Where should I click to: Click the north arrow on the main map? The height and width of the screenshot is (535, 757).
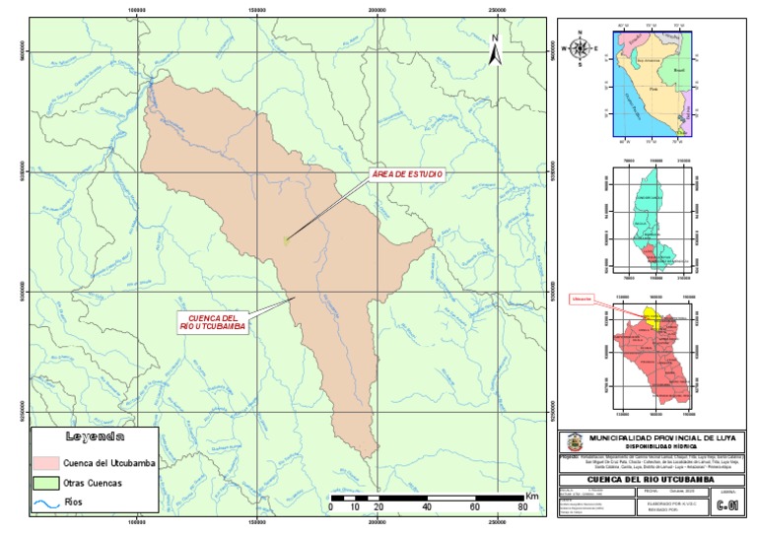pyautogui.click(x=497, y=48)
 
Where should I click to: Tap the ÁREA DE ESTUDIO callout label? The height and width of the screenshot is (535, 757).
pyautogui.click(x=407, y=174)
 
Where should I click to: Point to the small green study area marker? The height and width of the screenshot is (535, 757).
pyautogui.click(x=286, y=239)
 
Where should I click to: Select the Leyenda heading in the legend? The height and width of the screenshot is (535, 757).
pyautogui.click(x=95, y=436)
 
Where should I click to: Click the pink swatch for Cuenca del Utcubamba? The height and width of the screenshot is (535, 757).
pyautogui.click(x=45, y=461)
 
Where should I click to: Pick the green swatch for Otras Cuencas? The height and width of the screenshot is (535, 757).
pyautogui.click(x=45, y=484)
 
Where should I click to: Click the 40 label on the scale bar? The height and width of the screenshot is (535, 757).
pyautogui.click(x=427, y=506)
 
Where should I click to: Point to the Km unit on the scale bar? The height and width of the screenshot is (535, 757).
pyautogui.click(x=532, y=494)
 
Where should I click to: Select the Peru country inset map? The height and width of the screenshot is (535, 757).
pyautogui.click(x=654, y=85)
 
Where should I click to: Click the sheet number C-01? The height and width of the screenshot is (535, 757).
pyautogui.click(x=727, y=506)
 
